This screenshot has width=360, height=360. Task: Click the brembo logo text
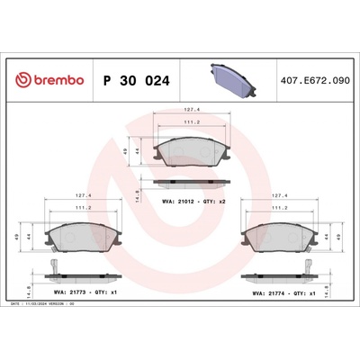[x=52, y=80]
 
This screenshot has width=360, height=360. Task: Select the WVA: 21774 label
[x=274, y=292]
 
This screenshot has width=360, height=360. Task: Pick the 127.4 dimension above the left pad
[x=81, y=193]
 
